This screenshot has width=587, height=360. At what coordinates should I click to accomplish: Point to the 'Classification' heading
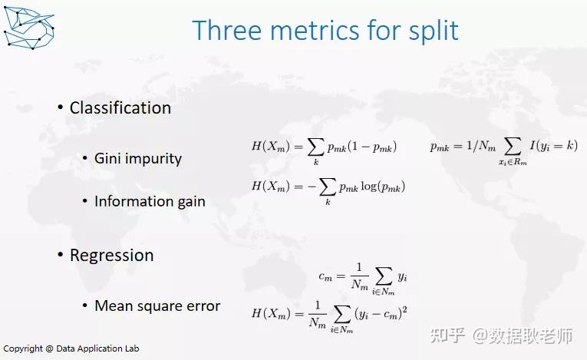pos(120,108)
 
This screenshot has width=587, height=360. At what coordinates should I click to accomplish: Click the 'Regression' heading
pos(111,255)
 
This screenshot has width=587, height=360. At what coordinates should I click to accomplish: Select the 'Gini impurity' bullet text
pos(138,159)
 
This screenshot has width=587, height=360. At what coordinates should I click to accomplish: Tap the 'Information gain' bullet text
pos(150,201)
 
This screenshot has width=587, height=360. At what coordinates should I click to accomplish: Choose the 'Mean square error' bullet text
pos(157,306)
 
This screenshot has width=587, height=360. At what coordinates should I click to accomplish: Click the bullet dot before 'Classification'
pos(61,107)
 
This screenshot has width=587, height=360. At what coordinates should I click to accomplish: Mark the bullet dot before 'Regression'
pos(61,255)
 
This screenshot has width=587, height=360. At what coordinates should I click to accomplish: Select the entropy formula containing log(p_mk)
pos(328,188)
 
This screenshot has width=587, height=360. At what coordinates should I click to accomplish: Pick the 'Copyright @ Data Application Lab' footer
pos(70,348)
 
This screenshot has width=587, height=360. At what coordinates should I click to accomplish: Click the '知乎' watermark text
pos(447,335)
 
